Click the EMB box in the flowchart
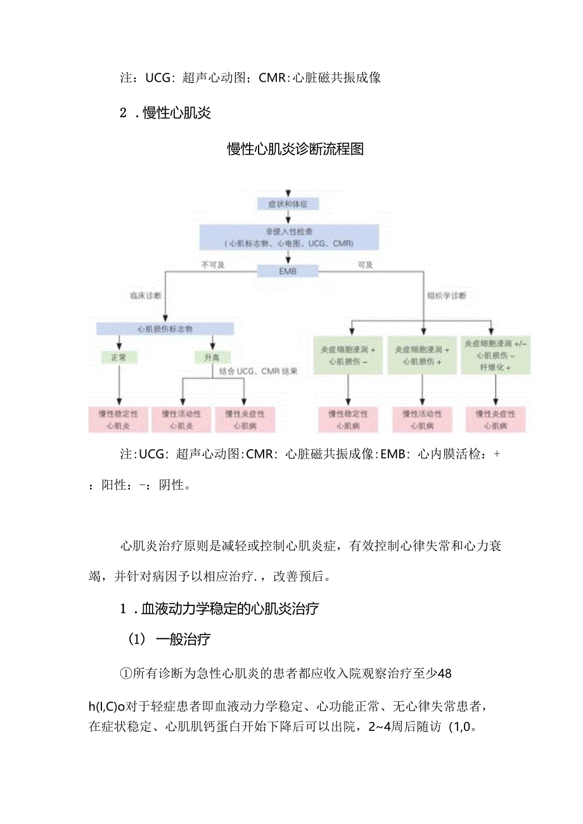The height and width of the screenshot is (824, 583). (288, 272)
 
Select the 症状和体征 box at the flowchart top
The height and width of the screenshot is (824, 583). (288, 204)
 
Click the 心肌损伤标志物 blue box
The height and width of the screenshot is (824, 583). (165, 329)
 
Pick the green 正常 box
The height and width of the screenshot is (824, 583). (119, 358)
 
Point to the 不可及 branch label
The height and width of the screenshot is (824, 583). (213, 265)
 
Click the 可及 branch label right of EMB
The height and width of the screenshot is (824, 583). (366, 265)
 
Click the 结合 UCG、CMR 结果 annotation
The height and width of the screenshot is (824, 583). (258, 371)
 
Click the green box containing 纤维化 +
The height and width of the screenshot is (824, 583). (496, 354)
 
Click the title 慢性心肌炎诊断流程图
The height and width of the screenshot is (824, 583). (295, 149)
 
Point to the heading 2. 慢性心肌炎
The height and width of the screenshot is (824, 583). (165, 113)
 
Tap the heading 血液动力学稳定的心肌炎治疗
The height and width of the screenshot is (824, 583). (219, 609)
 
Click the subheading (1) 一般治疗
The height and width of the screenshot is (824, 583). (170, 640)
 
